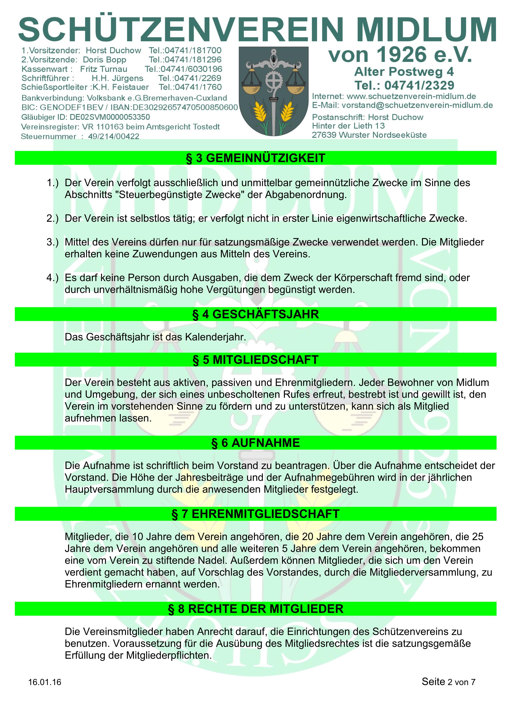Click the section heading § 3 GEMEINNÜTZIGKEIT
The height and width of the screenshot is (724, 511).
(x=255, y=158)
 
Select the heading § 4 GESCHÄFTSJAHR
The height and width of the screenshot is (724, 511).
(x=255, y=314)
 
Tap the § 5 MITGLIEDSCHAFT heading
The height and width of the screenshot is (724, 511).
(x=255, y=360)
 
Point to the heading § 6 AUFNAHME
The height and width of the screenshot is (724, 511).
(x=255, y=443)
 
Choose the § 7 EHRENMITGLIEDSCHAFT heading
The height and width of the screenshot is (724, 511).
(x=255, y=514)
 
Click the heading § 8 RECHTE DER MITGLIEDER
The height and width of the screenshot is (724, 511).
(x=255, y=609)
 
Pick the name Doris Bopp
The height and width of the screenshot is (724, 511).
(x=104, y=60)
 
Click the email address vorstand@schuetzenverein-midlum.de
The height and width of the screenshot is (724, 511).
(x=417, y=105)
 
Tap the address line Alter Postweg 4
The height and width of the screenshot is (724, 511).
(x=404, y=72)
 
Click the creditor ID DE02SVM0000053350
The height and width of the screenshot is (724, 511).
(x=110, y=117)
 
